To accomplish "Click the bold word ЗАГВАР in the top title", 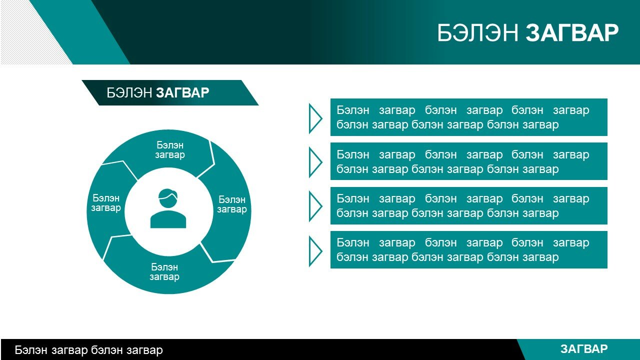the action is point(572,33).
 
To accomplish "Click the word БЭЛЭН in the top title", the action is point(477,33).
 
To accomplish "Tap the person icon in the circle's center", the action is point(168,208).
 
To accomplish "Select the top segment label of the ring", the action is point(170,150).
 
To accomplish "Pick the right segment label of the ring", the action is point(232,204).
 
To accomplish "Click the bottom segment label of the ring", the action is point(164,272).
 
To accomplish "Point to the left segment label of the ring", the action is point(106,203).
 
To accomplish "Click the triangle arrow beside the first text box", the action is point(315,118).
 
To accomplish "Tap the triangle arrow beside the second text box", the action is point(315,162).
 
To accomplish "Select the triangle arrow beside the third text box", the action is point(315,206).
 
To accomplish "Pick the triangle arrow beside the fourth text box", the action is point(315,251).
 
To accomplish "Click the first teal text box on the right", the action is point(469,117).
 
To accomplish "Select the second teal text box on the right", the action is point(469,161).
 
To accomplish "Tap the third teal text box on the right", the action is point(469,205).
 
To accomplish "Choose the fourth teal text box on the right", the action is point(469,249).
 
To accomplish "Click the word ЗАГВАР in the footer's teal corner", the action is point(584,349).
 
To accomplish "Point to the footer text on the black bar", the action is point(89,350).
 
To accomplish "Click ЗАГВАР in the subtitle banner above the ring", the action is point(182,93).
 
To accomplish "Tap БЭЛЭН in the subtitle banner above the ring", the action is point(129,93).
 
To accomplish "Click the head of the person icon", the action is point(168,198).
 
